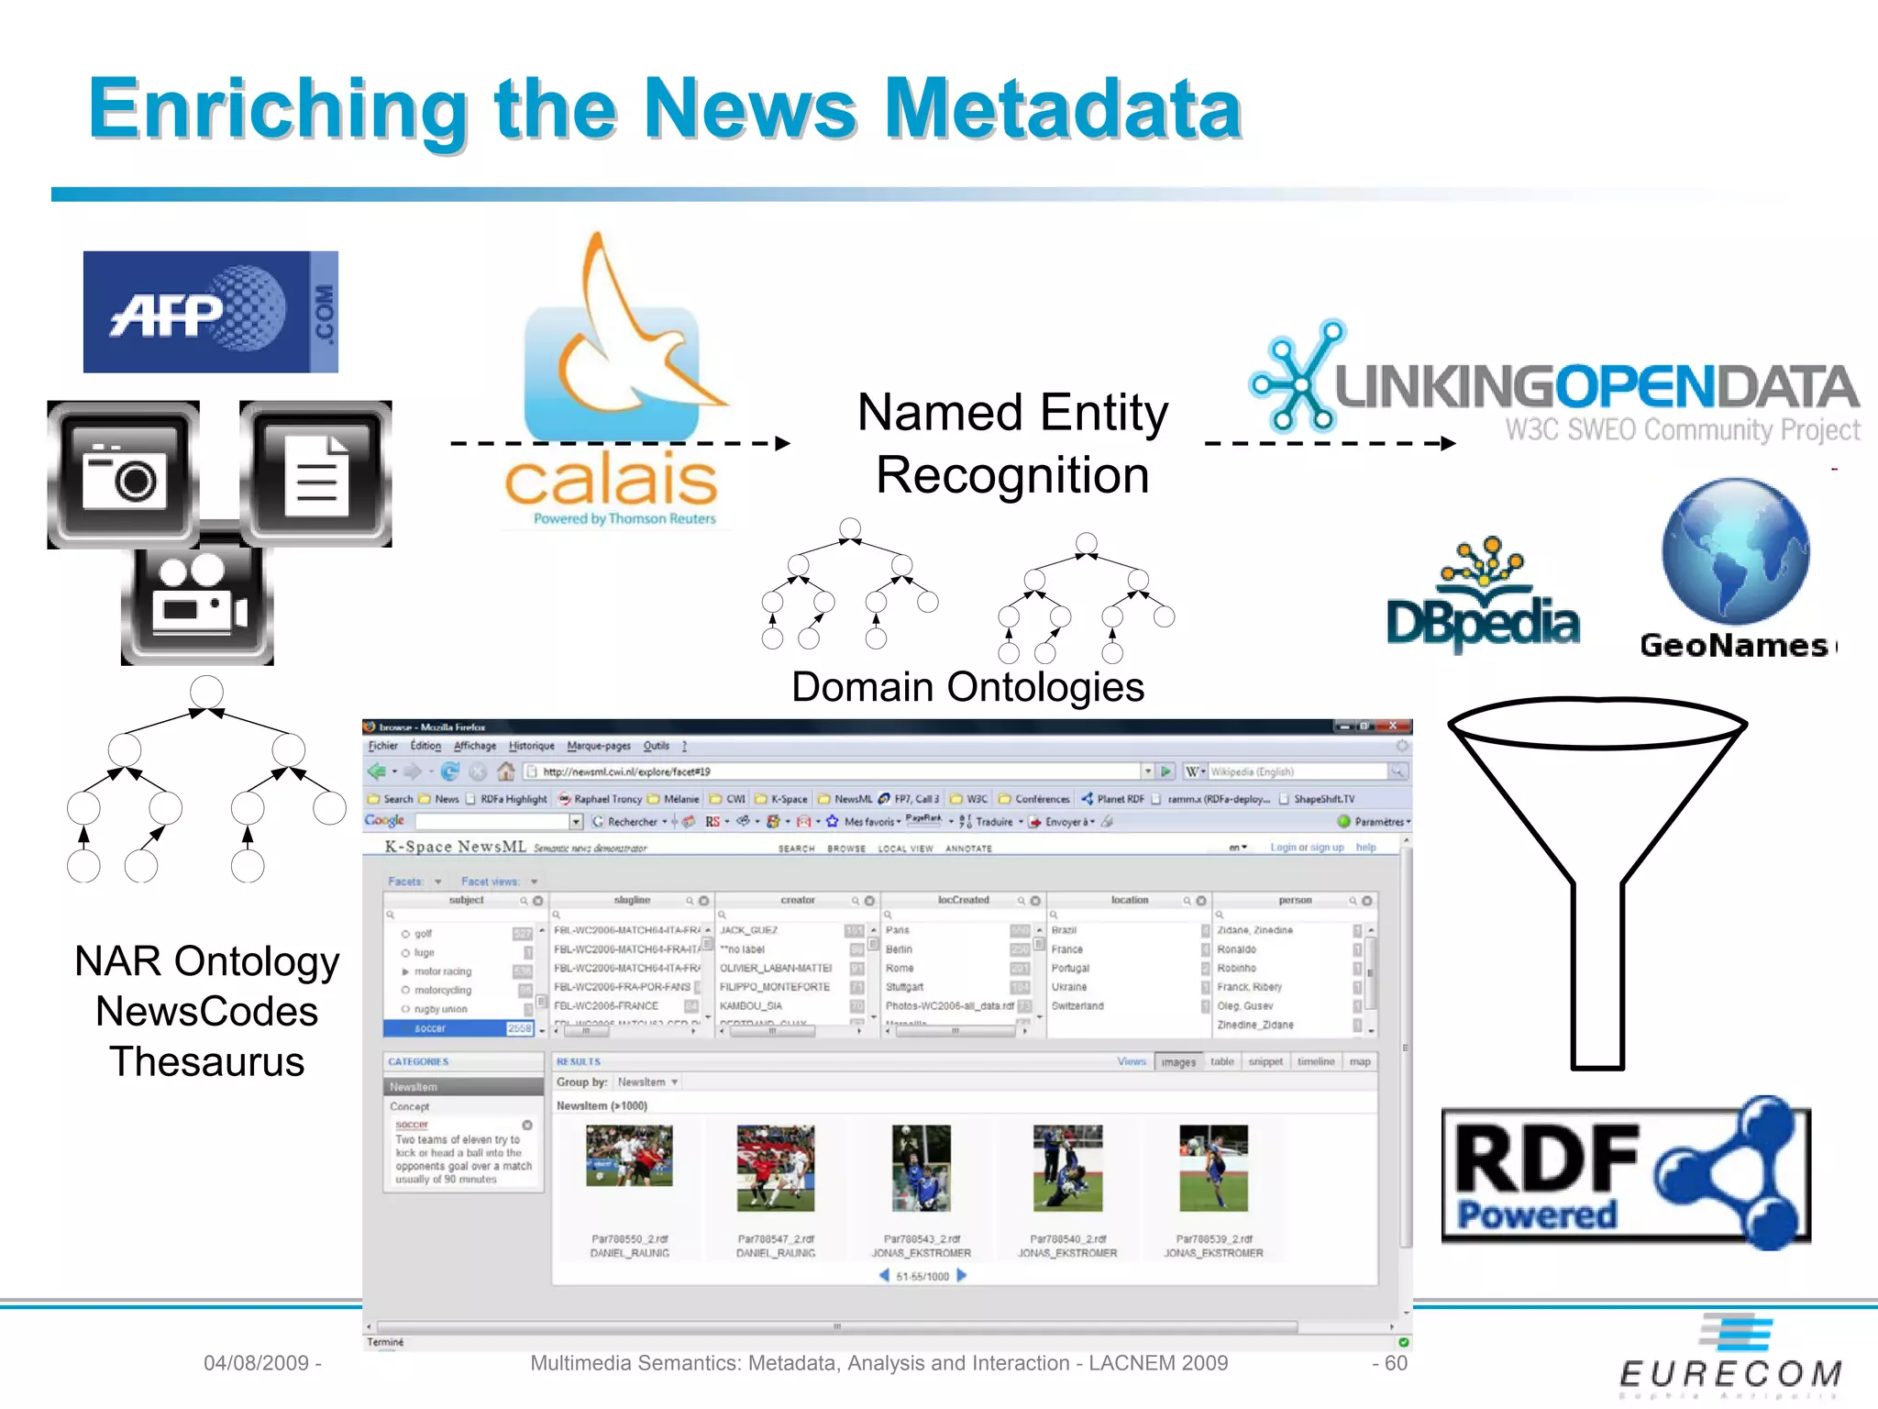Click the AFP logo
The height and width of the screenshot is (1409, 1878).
[x=210, y=312]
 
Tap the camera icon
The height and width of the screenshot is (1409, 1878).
[x=124, y=473]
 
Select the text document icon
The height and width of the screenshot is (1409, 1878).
[x=315, y=473]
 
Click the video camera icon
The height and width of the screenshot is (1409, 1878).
[x=197, y=601]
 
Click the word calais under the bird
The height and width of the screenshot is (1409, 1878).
[x=611, y=480]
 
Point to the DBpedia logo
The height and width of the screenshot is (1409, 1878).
[x=1483, y=601]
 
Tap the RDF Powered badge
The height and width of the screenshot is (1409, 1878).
[x=1625, y=1173]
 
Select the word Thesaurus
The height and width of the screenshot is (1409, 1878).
[x=207, y=1062]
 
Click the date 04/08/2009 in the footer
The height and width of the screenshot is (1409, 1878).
[x=256, y=1363]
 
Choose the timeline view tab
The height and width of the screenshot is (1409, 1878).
[x=1315, y=1061]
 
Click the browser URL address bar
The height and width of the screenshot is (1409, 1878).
[x=839, y=771]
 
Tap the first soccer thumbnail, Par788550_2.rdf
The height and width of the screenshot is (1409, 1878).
[x=629, y=1156]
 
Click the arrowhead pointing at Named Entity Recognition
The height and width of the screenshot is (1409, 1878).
[x=782, y=444]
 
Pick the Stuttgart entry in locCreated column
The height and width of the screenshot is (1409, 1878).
[x=904, y=987]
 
